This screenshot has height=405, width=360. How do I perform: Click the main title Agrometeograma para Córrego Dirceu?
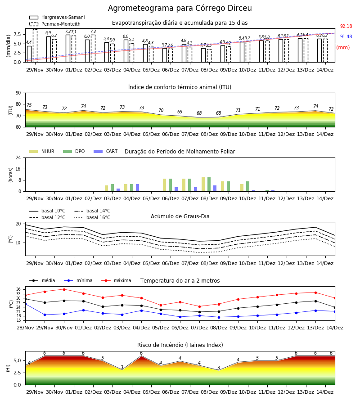(x=180, y=8)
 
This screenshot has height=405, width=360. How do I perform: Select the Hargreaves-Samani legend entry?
(x=57, y=17)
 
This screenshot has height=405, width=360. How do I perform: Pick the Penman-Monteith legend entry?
(x=55, y=24)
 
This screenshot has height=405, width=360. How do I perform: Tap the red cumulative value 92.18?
(x=346, y=27)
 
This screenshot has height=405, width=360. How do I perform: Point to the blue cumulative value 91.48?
(x=346, y=37)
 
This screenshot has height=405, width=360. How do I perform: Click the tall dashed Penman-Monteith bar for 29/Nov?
(x=35, y=46)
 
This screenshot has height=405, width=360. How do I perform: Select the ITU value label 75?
(x=29, y=105)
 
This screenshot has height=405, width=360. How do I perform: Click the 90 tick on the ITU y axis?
(x=18, y=93)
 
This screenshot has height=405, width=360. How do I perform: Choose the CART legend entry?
(x=106, y=151)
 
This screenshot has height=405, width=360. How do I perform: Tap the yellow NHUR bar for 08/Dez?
(x=203, y=184)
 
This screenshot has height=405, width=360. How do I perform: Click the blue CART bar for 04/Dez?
(x=137, y=188)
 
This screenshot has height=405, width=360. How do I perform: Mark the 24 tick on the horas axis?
(x=18, y=157)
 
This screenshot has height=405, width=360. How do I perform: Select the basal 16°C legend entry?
(x=92, y=217)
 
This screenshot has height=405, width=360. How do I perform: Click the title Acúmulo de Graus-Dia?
(x=180, y=216)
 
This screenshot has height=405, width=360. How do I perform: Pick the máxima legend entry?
(x=117, y=280)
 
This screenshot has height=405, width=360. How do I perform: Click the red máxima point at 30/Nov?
(x=64, y=289)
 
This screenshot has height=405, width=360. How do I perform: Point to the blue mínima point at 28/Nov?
(x=25, y=304)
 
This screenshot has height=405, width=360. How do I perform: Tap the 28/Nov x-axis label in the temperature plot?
(x=25, y=328)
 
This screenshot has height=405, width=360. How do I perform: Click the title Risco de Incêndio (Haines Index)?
(x=180, y=345)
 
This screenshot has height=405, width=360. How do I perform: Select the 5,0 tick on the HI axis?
(x=18, y=361)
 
